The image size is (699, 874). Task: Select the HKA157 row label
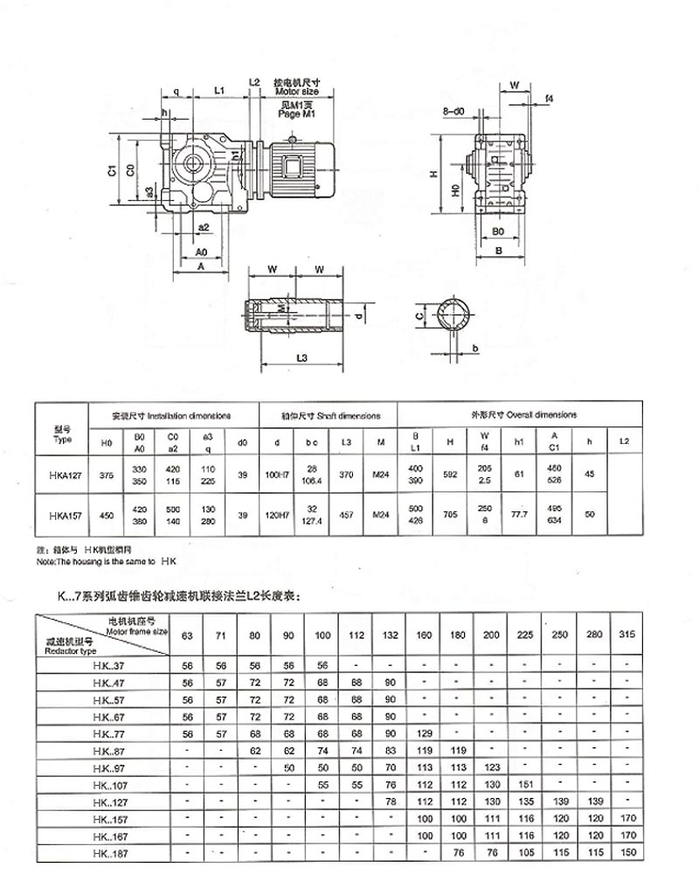click(x=61, y=515)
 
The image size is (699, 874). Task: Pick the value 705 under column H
click(x=450, y=515)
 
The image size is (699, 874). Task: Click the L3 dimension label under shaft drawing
click(x=301, y=359)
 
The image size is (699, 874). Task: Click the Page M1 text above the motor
click(x=294, y=114)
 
